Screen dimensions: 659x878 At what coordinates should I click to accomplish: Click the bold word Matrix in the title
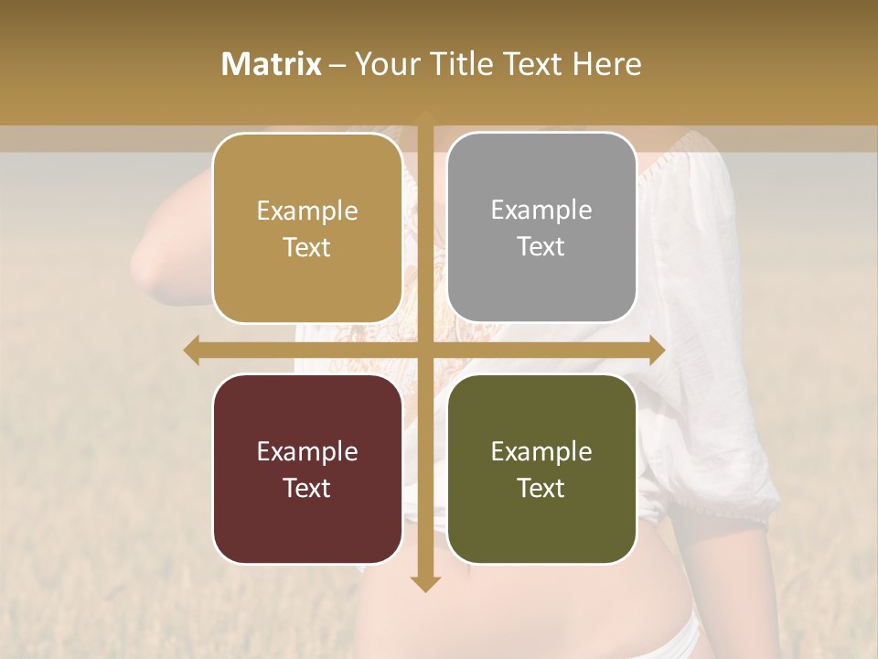(272, 64)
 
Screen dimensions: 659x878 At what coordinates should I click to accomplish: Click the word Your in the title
(384, 64)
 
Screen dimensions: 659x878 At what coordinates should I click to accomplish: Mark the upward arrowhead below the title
(424, 117)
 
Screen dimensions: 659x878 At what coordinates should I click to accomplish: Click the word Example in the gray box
(541, 210)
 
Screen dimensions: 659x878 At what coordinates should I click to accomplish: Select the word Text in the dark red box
(307, 488)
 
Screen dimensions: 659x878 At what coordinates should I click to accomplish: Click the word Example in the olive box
(541, 451)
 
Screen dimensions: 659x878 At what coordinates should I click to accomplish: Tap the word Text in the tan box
(307, 247)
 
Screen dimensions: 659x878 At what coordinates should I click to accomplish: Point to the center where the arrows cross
(424, 350)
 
